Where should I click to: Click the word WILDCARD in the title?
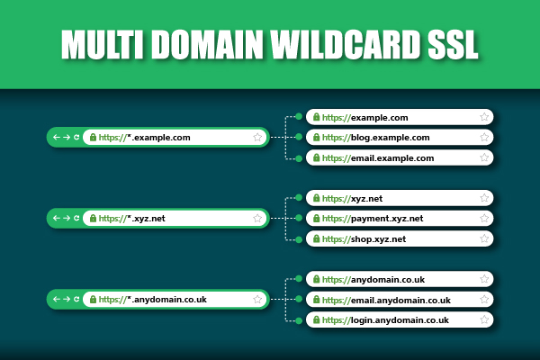(x=345, y=44)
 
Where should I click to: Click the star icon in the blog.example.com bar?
(x=484, y=137)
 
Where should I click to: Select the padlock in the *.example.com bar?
(x=93, y=137)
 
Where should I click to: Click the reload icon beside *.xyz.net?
(x=76, y=218)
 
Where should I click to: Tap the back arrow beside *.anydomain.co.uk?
(x=57, y=299)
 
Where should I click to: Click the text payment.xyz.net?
(x=387, y=219)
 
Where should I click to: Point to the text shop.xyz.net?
(x=378, y=239)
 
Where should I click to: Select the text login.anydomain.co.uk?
(x=400, y=320)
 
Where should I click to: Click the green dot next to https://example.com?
(x=299, y=116)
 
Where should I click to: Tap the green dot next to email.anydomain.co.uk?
(x=299, y=299)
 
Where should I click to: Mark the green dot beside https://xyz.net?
(x=299, y=197)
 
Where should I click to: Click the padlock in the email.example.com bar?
(x=316, y=157)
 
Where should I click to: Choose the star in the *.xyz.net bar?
(x=257, y=218)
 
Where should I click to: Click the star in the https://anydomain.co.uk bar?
(x=484, y=279)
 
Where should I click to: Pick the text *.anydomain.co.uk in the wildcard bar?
(x=166, y=300)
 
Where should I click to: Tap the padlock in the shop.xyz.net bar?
(x=316, y=238)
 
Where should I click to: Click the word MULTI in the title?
(x=103, y=44)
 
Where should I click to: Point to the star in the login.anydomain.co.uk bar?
(x=484, y=319)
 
